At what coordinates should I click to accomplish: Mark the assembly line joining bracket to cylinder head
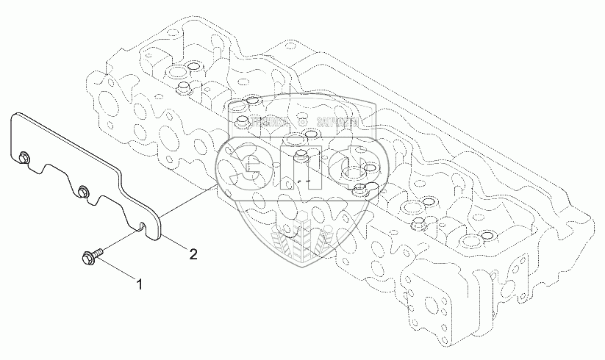pos(187,202)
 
